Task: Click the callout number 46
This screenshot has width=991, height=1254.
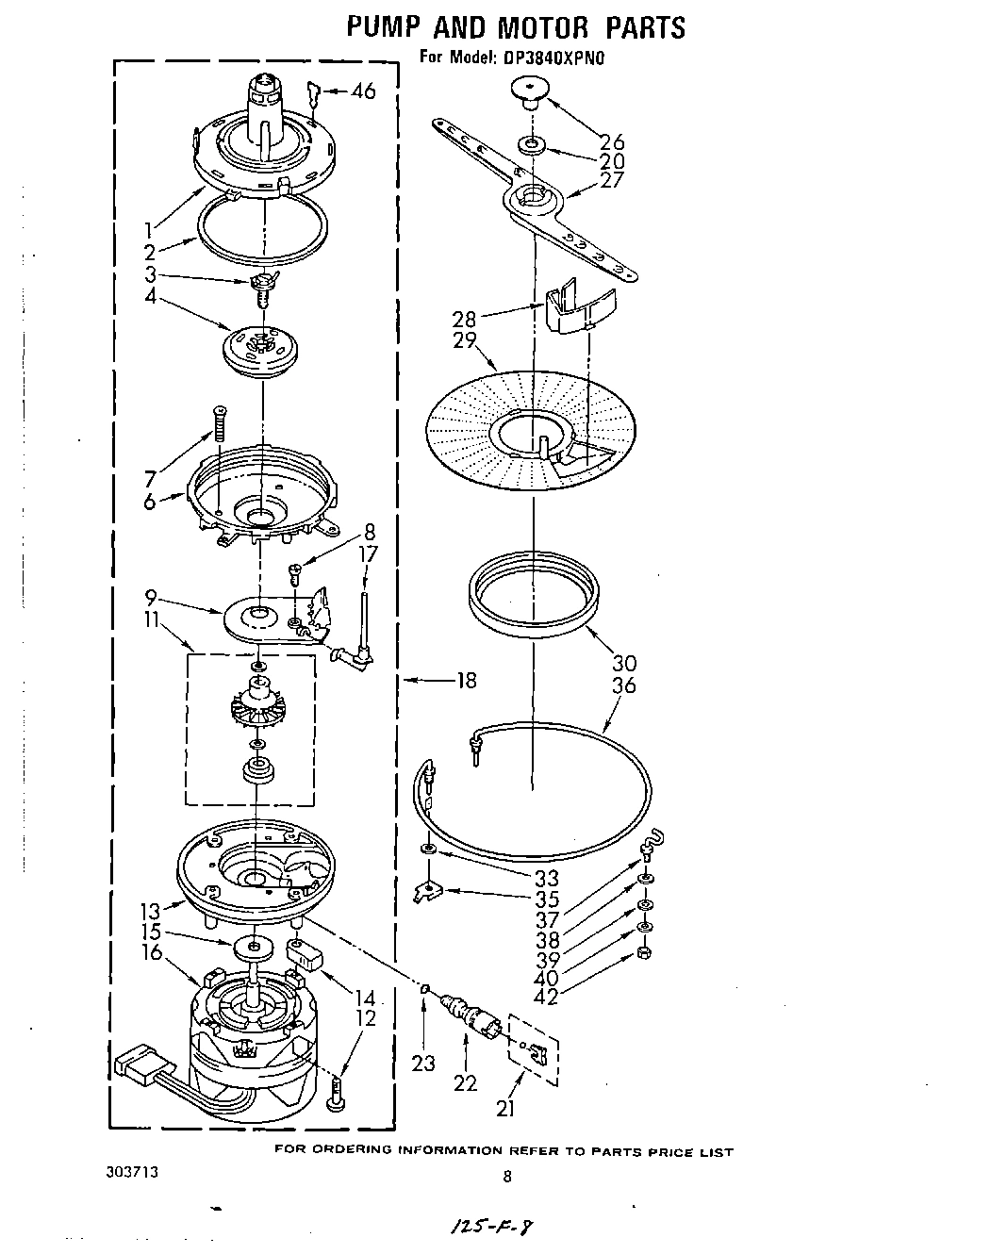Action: coord(363,91)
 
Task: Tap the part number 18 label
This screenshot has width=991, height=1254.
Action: coord(465,680)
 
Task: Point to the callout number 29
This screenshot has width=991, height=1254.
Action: coord(465,340)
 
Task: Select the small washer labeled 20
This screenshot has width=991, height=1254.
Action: coord(532,146)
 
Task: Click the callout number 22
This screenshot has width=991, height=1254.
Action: coord(466,1083)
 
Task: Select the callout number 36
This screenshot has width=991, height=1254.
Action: coord(624,685)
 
